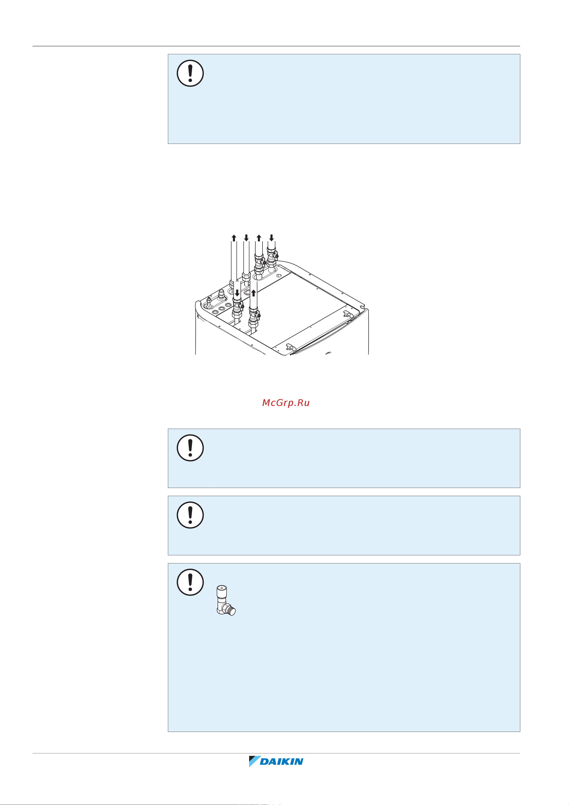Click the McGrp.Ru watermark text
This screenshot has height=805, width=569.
[x=286, y=403]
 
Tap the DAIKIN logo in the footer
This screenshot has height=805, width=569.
[x=276, y=761]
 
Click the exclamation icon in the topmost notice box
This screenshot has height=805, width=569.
[x=190, y=73]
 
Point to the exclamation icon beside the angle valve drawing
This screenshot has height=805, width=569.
[x=190, y=582]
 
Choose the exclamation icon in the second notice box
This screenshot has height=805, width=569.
[x=190, y=448]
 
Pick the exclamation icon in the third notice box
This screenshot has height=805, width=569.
[x=190, y=515]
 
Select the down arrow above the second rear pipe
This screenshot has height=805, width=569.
[x=246, y=238]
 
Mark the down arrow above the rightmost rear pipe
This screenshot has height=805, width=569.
[x=271, y=238]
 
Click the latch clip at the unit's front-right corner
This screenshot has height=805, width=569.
[x=290, y=347]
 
